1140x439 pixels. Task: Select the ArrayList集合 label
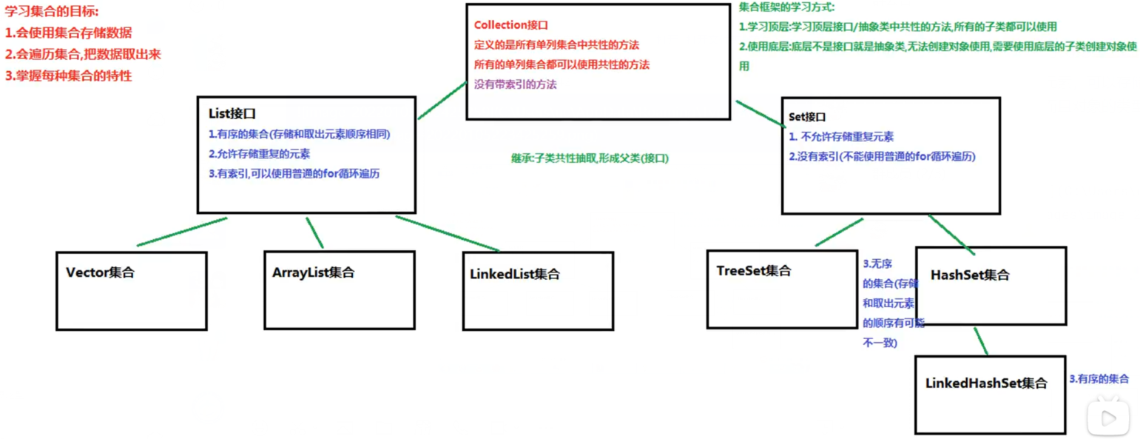point(314,272)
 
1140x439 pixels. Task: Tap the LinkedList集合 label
point(515,274)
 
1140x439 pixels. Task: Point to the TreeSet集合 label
point(754,271)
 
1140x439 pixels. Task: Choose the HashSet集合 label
point(970,275)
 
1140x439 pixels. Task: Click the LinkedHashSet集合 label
point(986,383)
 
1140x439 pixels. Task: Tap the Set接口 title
point(806,117)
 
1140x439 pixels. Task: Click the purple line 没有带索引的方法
point(516,84)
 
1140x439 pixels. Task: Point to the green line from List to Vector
point(181,232)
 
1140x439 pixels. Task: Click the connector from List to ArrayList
point(314,232)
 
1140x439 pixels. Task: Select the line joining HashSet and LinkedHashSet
point(981,341)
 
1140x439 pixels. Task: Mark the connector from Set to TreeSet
point(840,232)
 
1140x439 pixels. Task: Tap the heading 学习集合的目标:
point(52,13)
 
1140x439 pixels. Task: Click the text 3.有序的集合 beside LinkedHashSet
point(1099,379)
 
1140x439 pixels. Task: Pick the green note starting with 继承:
point(589,158)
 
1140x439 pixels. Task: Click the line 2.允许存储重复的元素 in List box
point(259,155)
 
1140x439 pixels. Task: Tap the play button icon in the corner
point(1108,418)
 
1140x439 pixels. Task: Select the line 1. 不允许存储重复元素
point(841,136)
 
